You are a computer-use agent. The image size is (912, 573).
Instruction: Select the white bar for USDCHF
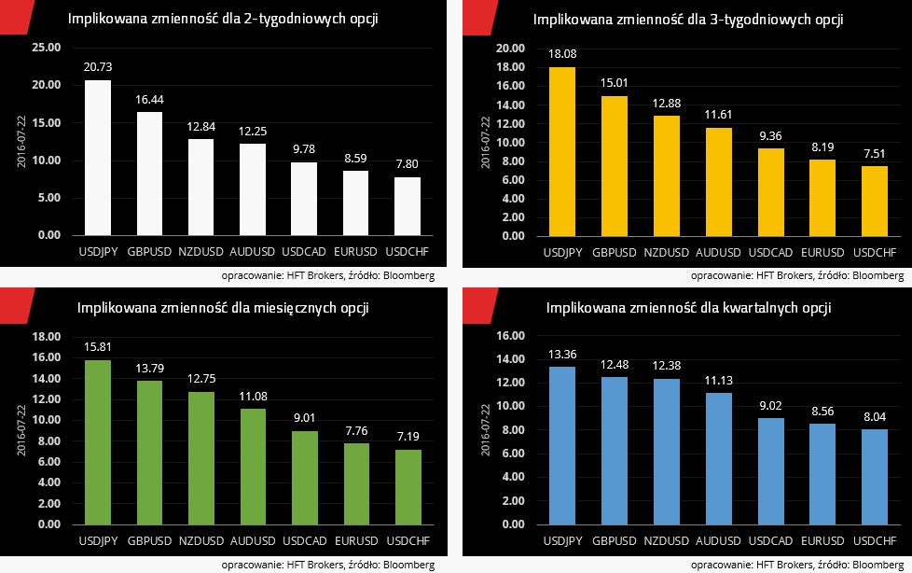[407, 205]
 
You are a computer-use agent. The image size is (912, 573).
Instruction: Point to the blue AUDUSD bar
[718, 458]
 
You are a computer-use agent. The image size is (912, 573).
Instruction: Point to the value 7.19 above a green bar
[407, 436]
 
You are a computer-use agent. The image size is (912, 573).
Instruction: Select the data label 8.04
[875, 416]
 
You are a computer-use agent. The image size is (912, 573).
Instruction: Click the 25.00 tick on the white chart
[46, 48]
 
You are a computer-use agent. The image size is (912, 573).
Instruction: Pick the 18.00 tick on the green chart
[46, 337]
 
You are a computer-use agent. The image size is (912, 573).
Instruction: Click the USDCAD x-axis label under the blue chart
[770, 540]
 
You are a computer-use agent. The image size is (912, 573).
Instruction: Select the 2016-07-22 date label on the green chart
[21, 429]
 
